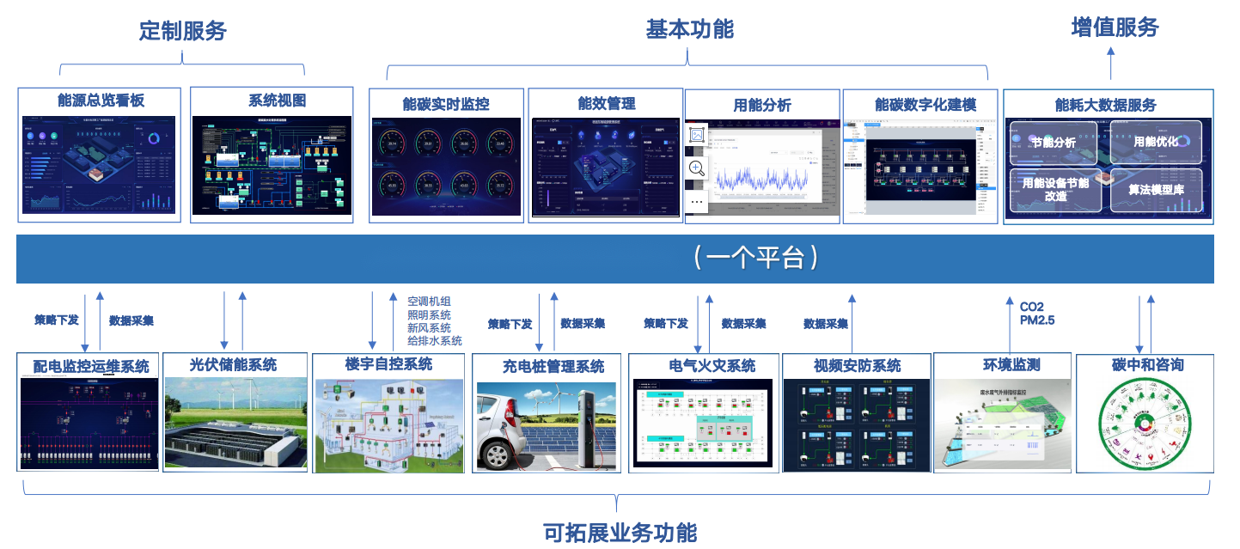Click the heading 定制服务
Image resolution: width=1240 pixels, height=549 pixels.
coord(182,31)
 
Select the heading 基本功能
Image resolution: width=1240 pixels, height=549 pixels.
coord(689,29)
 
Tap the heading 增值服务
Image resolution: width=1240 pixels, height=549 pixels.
coord(1115,27)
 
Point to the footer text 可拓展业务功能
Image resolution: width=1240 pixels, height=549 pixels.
coord(620,533)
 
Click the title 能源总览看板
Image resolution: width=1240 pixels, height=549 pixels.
coord(101,101)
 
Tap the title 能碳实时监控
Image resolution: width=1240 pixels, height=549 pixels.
coord(446,104)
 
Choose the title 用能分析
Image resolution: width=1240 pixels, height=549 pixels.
coord(761,105)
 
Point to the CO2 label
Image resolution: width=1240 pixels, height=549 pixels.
coord(1031,307)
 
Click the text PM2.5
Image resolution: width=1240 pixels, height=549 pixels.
coord(1036,320)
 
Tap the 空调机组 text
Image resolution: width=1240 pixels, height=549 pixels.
coord(429,302)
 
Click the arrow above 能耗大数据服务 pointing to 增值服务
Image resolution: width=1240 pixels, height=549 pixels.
coord(1110,63)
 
